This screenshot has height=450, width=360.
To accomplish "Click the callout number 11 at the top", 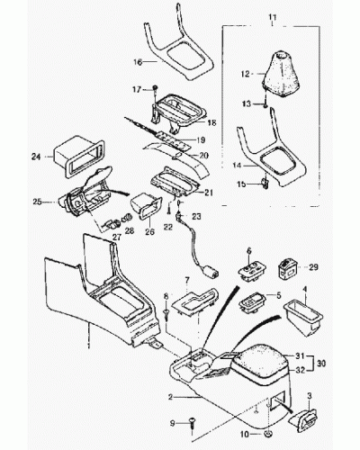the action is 272,17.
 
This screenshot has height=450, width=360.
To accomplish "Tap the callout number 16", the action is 138,62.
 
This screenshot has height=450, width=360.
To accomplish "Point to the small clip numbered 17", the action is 156,88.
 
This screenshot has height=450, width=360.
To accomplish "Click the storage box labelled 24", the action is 78,158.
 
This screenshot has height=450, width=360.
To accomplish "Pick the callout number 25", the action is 37,202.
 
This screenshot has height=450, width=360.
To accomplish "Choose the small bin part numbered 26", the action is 146,207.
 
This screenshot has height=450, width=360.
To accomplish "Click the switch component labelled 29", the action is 288,269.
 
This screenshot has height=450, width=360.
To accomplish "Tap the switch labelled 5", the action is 252,303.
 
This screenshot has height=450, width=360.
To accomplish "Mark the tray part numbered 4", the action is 303,319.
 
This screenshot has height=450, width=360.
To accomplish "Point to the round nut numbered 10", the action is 268,434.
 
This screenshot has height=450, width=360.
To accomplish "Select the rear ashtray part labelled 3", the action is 302,418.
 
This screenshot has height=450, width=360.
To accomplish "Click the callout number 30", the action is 321,364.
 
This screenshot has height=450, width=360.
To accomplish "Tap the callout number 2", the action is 170,397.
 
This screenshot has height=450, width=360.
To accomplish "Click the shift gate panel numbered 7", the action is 195,301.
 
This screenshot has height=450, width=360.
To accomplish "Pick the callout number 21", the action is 209,193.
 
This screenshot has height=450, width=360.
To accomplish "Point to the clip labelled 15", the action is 265,183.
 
